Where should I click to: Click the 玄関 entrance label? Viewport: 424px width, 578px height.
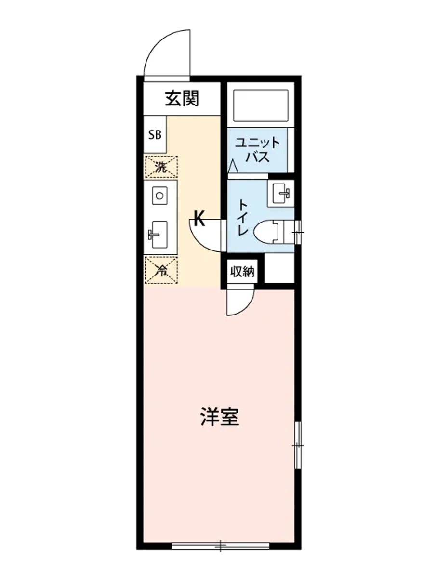[182, 99]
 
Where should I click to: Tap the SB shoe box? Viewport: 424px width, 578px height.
[155, 135]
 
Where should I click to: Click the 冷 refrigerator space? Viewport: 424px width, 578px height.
[161, 270]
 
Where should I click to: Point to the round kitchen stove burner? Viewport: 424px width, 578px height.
[159, 196]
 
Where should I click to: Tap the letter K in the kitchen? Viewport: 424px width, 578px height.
[200, 220]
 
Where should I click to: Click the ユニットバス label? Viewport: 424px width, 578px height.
[257, 150]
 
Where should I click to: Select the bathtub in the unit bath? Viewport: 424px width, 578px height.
[261, 105]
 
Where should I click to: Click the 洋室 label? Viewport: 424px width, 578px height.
[220, 417]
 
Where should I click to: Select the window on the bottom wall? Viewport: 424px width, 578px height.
[221, 546]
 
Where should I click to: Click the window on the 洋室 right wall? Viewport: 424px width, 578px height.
[298, 445]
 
